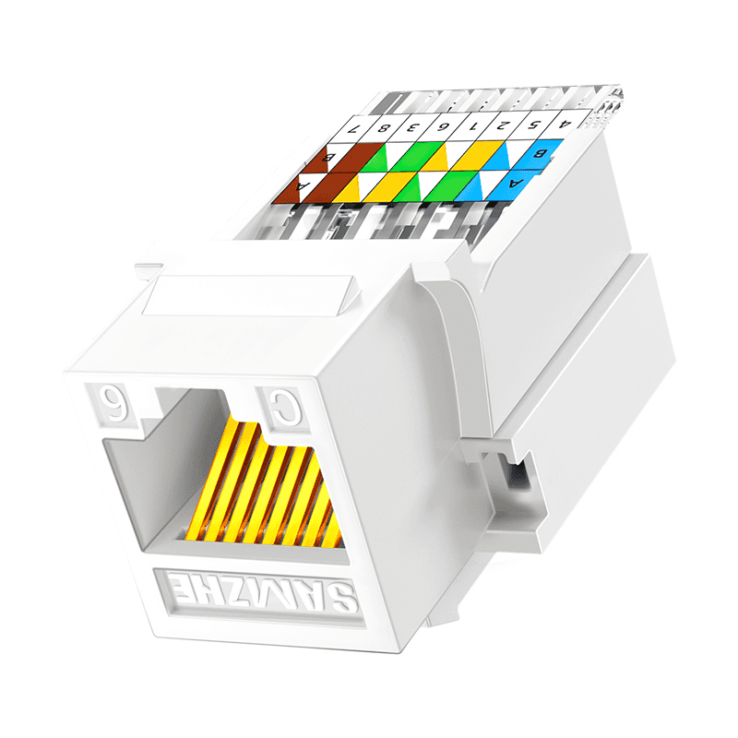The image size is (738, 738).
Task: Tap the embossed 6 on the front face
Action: pyautogui.click(x=111, y=401)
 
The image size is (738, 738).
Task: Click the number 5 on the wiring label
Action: pyautogui.click(x=533, y=122)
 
